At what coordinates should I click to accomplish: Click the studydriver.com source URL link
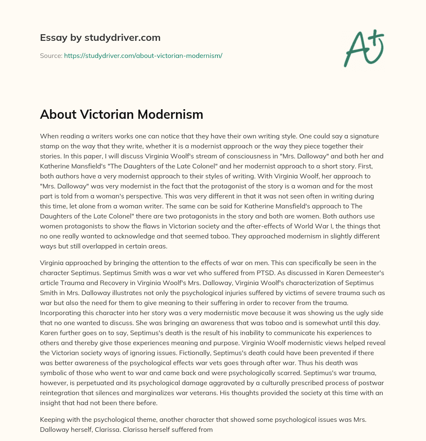(x=143, y=55)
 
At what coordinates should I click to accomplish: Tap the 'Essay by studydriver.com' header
(x=100, y=38)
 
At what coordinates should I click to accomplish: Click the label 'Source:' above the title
(x=51, y=55)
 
